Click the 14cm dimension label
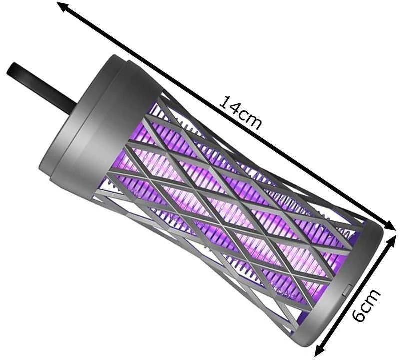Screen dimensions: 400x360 [x=241, y=113]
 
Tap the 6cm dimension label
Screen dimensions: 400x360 [x=366, y=305]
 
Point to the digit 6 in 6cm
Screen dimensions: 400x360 [x=359, y=315]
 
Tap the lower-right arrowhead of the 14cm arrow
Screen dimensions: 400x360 [x=388, y=225]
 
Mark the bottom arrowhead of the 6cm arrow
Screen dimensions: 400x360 [x=319, y=349]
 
